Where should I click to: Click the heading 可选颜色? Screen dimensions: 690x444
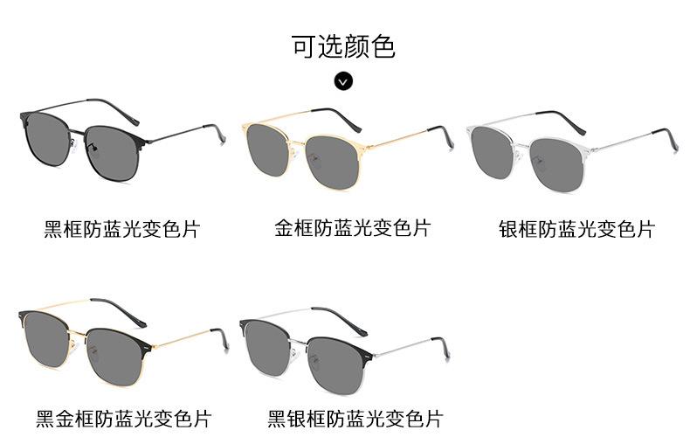[343, 46]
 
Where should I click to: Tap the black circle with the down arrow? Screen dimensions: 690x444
[343, 81]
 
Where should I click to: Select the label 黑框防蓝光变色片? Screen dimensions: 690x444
[122, 230]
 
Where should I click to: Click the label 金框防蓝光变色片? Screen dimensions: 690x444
[353, 228]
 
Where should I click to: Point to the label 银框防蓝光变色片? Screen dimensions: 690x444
[577, 230]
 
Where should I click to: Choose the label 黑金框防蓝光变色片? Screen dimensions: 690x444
[124, 419]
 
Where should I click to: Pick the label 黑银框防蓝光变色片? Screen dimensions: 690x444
[355, 419]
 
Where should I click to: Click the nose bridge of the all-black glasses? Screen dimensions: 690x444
[77, 131]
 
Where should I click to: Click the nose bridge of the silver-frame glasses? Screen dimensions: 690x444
[521, 145]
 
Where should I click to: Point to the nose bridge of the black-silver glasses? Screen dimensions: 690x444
[299, 342]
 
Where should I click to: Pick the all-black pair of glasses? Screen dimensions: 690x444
[122, 139]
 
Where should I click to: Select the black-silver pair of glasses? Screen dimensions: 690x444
[344, 350]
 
